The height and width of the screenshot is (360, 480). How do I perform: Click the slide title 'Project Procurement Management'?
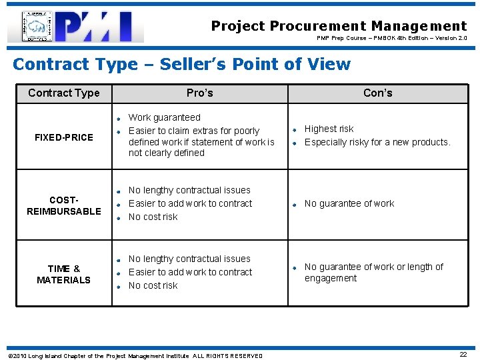[339, 26]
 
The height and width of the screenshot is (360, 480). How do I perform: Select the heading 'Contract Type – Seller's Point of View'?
[181, 64]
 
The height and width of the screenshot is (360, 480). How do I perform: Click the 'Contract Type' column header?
[64, 93]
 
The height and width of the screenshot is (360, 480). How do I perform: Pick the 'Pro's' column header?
[200, 93]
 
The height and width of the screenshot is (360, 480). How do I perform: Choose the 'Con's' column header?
[377, 93]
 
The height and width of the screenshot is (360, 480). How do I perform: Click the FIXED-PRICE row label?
[64, 137]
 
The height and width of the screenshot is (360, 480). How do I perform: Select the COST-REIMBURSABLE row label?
[64, 206]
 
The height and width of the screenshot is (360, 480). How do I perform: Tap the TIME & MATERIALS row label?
[64, 274]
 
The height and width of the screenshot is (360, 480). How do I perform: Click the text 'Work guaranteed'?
[164, 117]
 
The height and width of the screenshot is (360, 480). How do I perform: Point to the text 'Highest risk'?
[329, 129]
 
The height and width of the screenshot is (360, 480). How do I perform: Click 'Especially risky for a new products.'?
[377, 142]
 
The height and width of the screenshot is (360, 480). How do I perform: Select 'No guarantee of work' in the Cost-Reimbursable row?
[349, 203]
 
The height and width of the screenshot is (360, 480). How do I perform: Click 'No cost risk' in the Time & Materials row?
[153, 285]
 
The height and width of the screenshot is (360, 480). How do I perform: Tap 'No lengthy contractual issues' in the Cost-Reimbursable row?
[189, 190]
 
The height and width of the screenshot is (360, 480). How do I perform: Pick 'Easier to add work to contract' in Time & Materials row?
[190, 272]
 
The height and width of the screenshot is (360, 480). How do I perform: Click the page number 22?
[463, 354]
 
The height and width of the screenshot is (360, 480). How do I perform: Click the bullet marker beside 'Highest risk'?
[294, 129]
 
